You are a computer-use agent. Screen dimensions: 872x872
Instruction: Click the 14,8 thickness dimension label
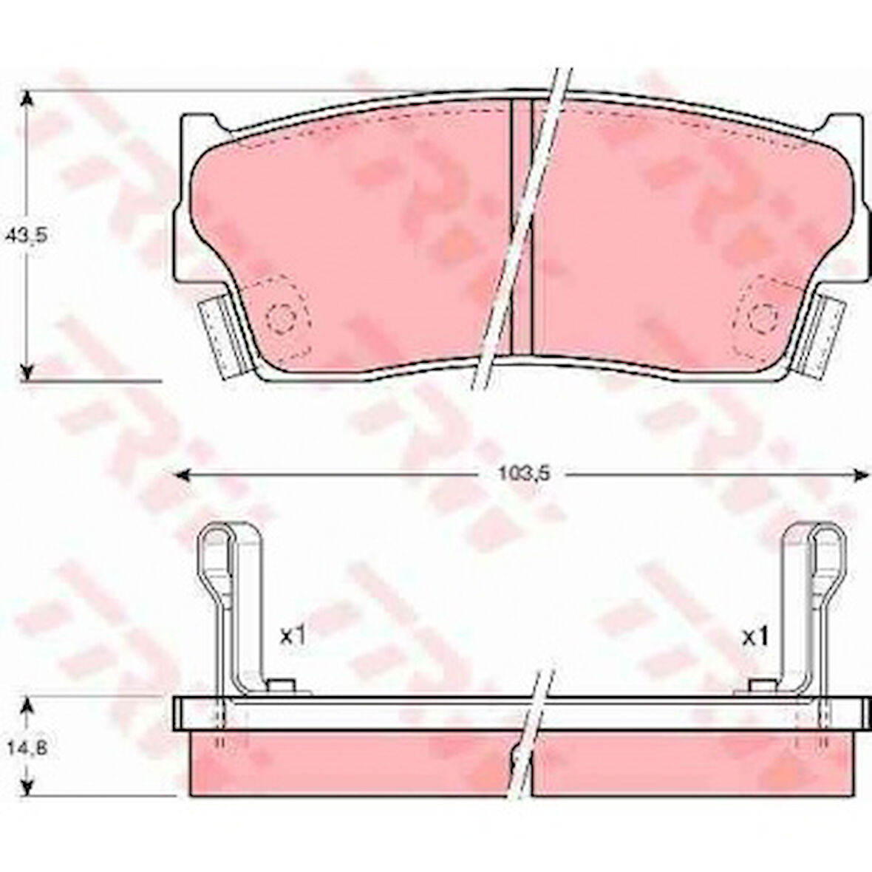pyautogui.click(x=26, y=748)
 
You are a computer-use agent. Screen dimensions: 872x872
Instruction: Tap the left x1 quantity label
pyautogui.click(x=293, y=635)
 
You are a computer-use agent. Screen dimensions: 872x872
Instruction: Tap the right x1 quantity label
pyautogui.click(x=756, y=636)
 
